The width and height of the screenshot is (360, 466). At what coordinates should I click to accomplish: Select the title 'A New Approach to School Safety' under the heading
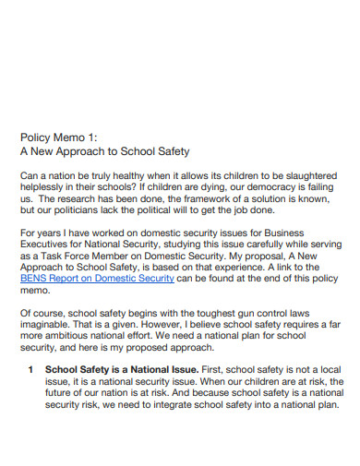(103, 151)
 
